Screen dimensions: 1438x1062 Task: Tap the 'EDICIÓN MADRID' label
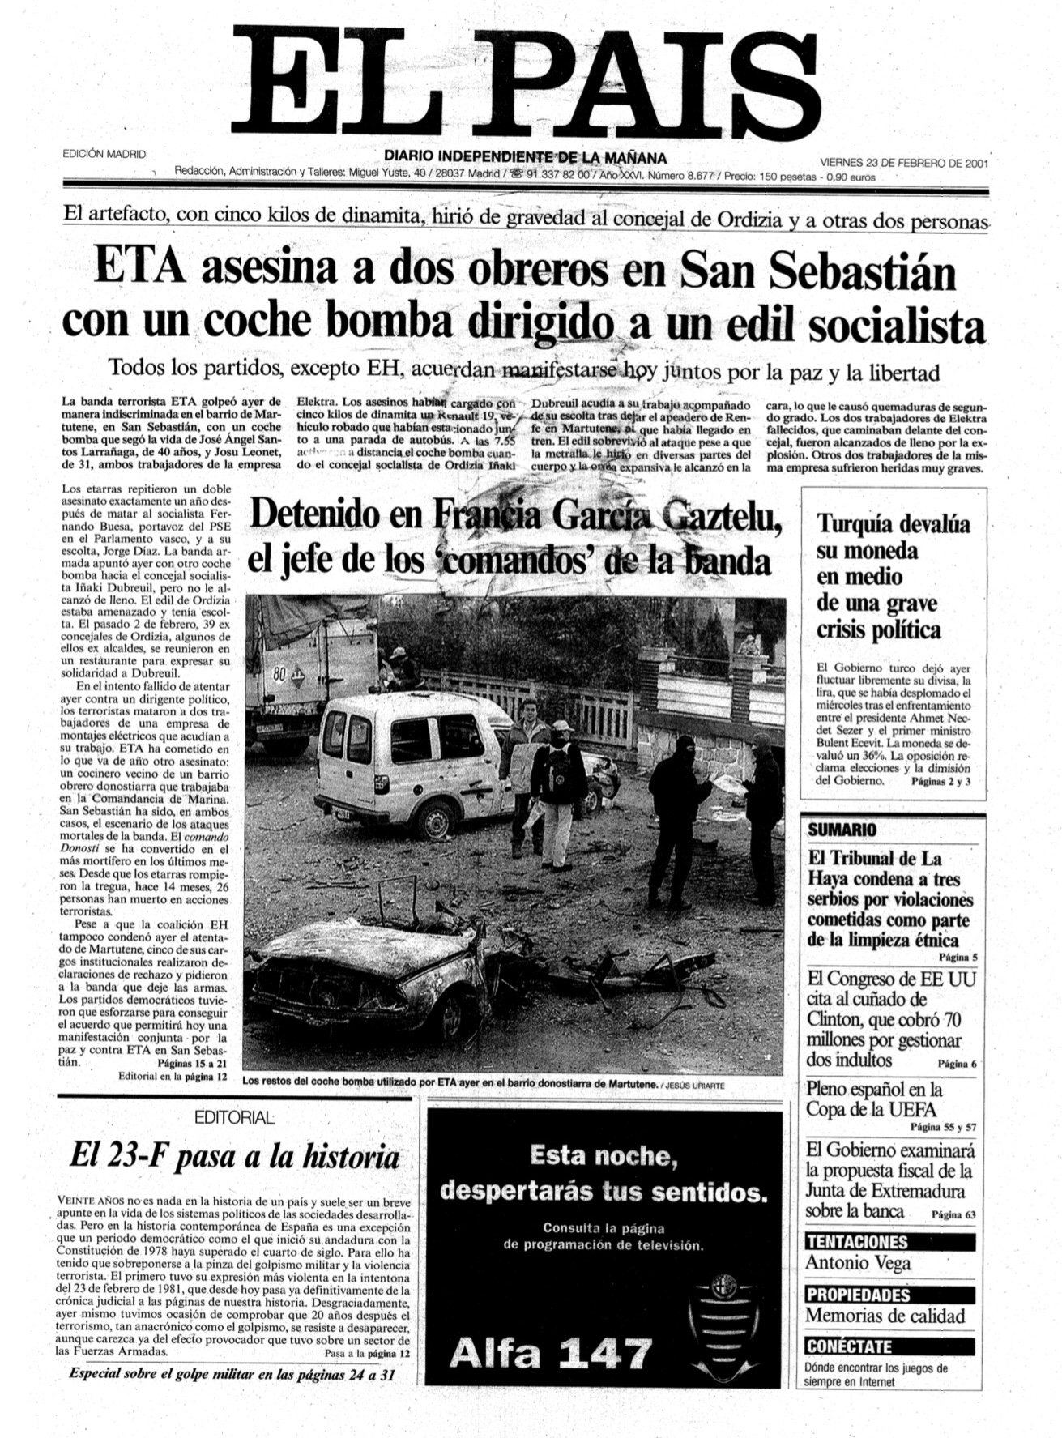104,154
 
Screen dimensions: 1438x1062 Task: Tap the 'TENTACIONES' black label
857,1242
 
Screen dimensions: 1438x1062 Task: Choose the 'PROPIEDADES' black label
858,1294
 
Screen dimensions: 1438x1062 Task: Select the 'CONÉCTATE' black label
848,1346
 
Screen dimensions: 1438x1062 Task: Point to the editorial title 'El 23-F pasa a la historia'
235,1157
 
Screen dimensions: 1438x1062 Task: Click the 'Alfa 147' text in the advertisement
551,1352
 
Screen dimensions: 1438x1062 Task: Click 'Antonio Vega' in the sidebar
858,1263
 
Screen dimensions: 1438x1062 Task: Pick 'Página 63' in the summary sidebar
953,1214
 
